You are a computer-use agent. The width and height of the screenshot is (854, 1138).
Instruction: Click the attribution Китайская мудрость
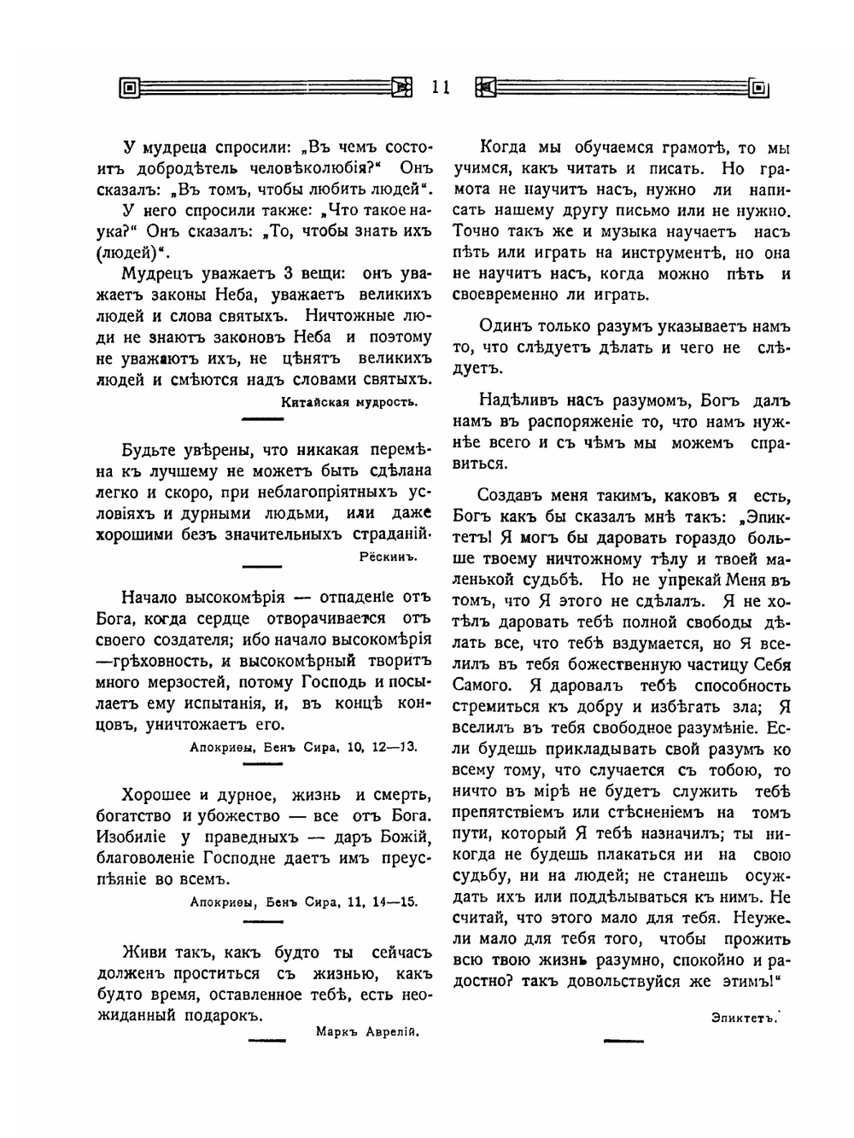[348, 402]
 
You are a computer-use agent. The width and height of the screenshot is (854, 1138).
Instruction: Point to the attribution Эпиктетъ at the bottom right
[745, 1016]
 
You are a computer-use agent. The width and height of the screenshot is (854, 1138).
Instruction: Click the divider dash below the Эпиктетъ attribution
[623, 1040]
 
